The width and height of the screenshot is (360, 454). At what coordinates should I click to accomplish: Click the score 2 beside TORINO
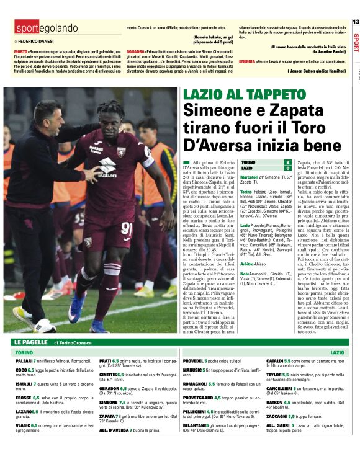tap(287, 162)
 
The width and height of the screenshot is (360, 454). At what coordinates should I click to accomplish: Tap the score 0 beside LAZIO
tap(287, 168)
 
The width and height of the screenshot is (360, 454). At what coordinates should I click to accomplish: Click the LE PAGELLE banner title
tap(30, 342)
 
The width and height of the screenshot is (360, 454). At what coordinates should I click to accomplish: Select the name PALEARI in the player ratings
tap(24, 360)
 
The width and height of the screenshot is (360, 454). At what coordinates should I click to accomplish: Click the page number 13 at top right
tap(355, 22)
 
